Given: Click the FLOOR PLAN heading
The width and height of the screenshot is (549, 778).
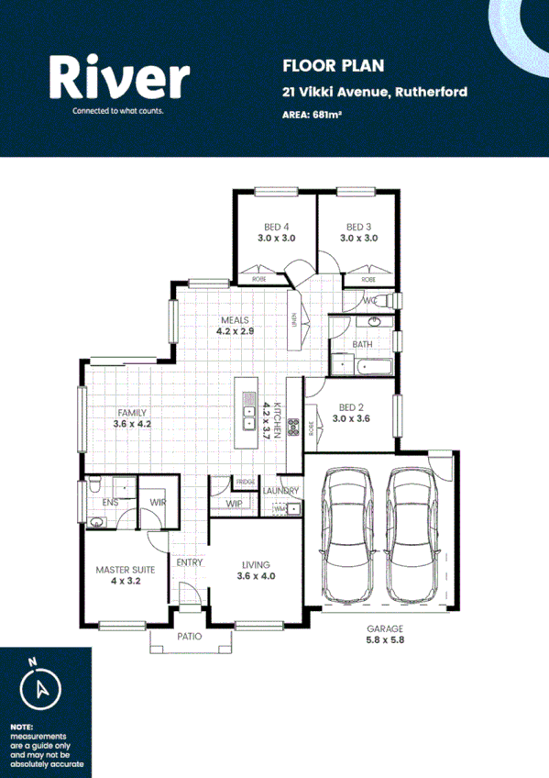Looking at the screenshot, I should click(321, 65).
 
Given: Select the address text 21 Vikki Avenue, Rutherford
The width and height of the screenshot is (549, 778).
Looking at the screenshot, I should click(375, 92).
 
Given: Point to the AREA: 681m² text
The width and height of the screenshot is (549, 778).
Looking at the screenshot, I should click(313, 115).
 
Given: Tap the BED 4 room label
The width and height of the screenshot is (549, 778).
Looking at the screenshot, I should click(276, 232).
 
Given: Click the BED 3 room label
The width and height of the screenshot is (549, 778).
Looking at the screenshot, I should click(358, 232).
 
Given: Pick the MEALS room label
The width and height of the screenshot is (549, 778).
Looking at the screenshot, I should click(235, 325).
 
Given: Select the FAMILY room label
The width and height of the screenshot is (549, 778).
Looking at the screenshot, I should click(130, 418).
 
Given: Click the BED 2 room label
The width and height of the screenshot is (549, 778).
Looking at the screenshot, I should click(352, 412).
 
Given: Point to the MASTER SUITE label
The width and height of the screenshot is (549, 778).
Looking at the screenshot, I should click(125, 575).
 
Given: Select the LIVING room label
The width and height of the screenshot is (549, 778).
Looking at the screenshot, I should click(256, 571).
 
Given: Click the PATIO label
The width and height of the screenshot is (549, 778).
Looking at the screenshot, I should click(190, 636).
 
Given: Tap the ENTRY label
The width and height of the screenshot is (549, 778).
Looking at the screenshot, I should click(190, 562).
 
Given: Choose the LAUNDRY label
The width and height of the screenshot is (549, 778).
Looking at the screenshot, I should click(280, 491).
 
